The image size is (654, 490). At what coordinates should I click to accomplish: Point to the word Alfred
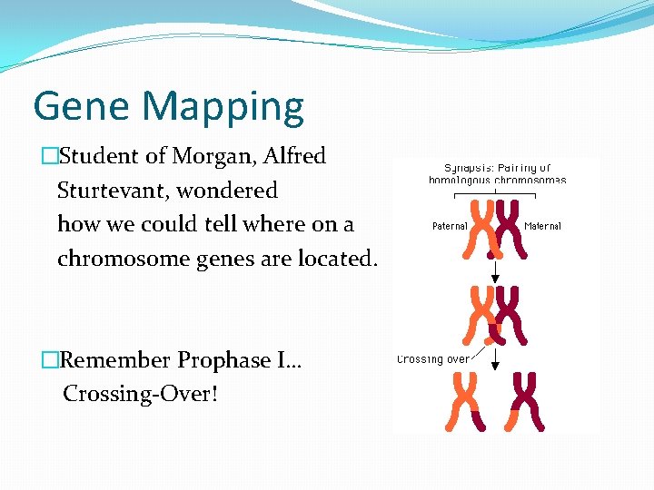294,156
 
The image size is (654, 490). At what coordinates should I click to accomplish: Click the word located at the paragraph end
336,259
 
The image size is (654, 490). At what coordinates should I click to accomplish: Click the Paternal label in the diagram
450,226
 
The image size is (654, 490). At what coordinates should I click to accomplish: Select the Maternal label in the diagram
542,226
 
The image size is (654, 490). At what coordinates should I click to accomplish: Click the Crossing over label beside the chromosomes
433,359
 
